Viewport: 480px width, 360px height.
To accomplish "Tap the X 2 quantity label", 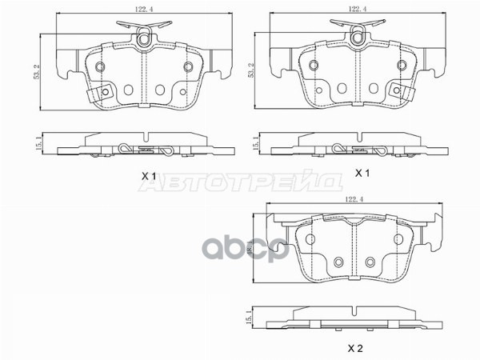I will pyautogui.click(x=354, y=348).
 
